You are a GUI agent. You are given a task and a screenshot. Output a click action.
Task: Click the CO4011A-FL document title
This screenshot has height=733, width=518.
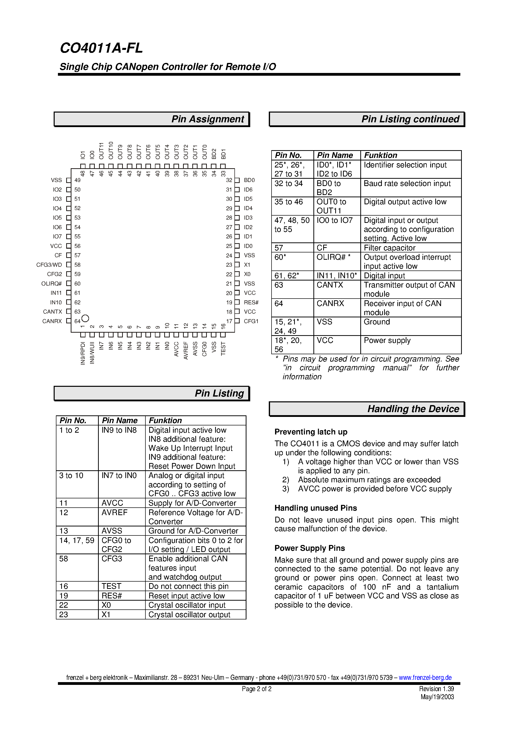pyautogui.click(x=101, y=48)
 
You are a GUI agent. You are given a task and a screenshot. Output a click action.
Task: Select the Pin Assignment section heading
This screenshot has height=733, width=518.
pyautogui.click(x=207, y=119)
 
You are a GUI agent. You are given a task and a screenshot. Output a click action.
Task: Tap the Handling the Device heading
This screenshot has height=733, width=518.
pyautogui.click(x=413, y=409)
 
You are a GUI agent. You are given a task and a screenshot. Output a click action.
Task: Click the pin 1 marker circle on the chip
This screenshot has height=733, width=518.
pyautogui.click(x=85, y=318)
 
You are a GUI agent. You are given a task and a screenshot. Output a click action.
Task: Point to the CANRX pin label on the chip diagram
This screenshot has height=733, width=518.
pyautogui.click(x=52, y=321)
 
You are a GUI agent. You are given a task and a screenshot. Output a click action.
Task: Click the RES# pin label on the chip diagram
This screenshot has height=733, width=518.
pyautogui.click(x=251, y=302)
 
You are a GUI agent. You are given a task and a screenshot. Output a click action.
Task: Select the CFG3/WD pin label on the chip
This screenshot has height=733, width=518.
pyautogui.click(x=49, y=265)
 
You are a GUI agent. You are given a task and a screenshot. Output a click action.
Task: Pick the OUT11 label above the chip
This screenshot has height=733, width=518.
pyautogui.click(x=102, y=151)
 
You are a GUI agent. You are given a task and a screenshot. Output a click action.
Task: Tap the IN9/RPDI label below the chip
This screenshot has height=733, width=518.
pyautogui.click(x=83, y=353)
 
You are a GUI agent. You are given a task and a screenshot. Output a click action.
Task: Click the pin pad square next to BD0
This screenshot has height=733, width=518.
pyautogui.click(x=237, y=180)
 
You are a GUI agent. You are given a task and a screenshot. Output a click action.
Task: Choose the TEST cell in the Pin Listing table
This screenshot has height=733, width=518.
pyautogui.click(x=112, y=586)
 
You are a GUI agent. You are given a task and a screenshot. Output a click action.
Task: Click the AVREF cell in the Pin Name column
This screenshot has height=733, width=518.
pyautogui.click(x=114, y=512)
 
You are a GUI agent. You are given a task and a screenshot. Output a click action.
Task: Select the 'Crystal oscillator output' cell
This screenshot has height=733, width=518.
pyautogui.click(x=189, y=615)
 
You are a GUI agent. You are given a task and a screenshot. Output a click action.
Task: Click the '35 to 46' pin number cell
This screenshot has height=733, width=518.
pyautogui.click(x=288, y=202)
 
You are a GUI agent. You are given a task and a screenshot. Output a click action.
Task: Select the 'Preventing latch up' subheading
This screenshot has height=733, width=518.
pyautogui.click(x=311, y=432)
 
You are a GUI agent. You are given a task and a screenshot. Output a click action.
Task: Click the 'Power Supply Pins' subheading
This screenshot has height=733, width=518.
pyautogui.click(x=309, y=548)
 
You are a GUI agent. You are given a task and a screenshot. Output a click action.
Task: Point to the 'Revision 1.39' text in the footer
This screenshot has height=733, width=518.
pyautogui.click(x=436, y=689)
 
